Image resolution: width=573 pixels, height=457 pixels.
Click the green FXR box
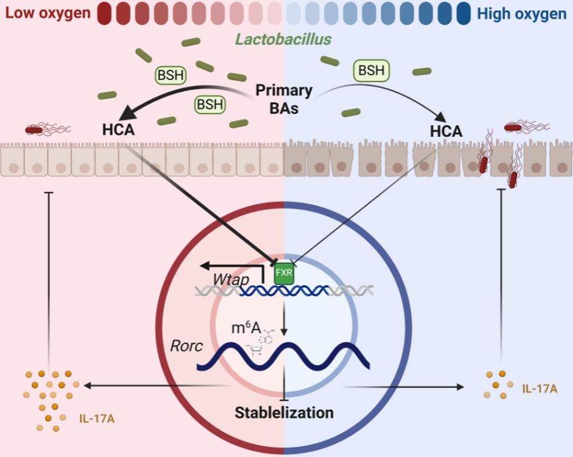click(x=283, y=273)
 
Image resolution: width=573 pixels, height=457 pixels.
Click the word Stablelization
click(x=284, y=411)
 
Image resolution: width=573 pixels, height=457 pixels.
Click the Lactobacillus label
click(x=283, y=40)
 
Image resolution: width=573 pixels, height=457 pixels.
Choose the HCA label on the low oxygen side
click(x=118, y=131)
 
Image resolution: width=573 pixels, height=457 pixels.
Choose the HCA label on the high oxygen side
click(x=446, y=131)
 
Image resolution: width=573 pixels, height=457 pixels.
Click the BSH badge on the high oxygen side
click(x=371, y=70)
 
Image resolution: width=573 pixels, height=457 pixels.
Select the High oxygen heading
click(x=522, y=12)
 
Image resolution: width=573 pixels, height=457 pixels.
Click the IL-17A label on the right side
click(x=539, y=389)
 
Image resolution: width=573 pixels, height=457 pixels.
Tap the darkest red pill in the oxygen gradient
click(x=106, y=13)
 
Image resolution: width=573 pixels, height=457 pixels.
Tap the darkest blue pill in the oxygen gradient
click(x=463, y=13)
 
